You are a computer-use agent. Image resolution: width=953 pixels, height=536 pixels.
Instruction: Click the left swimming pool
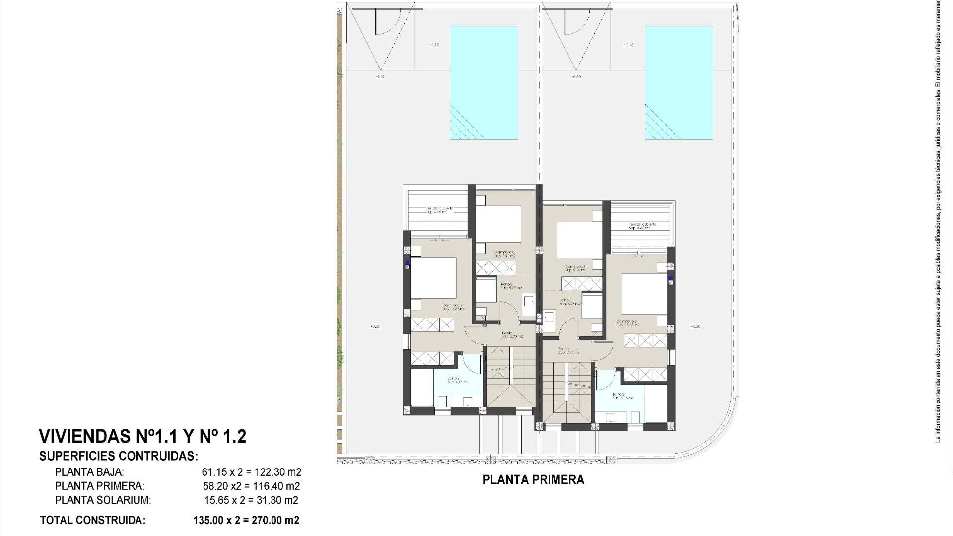click(483, 83)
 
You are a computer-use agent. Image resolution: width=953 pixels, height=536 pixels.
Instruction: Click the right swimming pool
click(679, 83)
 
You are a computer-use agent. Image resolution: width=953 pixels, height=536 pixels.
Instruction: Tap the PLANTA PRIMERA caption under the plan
click(533, 480)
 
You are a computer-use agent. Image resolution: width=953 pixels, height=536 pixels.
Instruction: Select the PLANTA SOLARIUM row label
click(103, 500)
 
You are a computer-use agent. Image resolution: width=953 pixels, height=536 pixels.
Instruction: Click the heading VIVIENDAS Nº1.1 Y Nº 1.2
click(142, 437)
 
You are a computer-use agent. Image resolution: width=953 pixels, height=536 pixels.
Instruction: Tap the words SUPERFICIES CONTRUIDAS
click(119, 456)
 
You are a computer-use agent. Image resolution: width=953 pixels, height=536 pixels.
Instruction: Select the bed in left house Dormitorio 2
click(433, 277)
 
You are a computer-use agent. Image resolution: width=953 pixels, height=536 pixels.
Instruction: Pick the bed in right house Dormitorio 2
click(644, 293)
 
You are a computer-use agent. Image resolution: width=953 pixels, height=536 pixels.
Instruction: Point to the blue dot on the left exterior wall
click(407, 262)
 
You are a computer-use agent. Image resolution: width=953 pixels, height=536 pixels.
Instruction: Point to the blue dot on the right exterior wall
click(670, 278)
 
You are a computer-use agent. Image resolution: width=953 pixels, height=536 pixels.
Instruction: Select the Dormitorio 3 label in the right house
click(576, 268)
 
